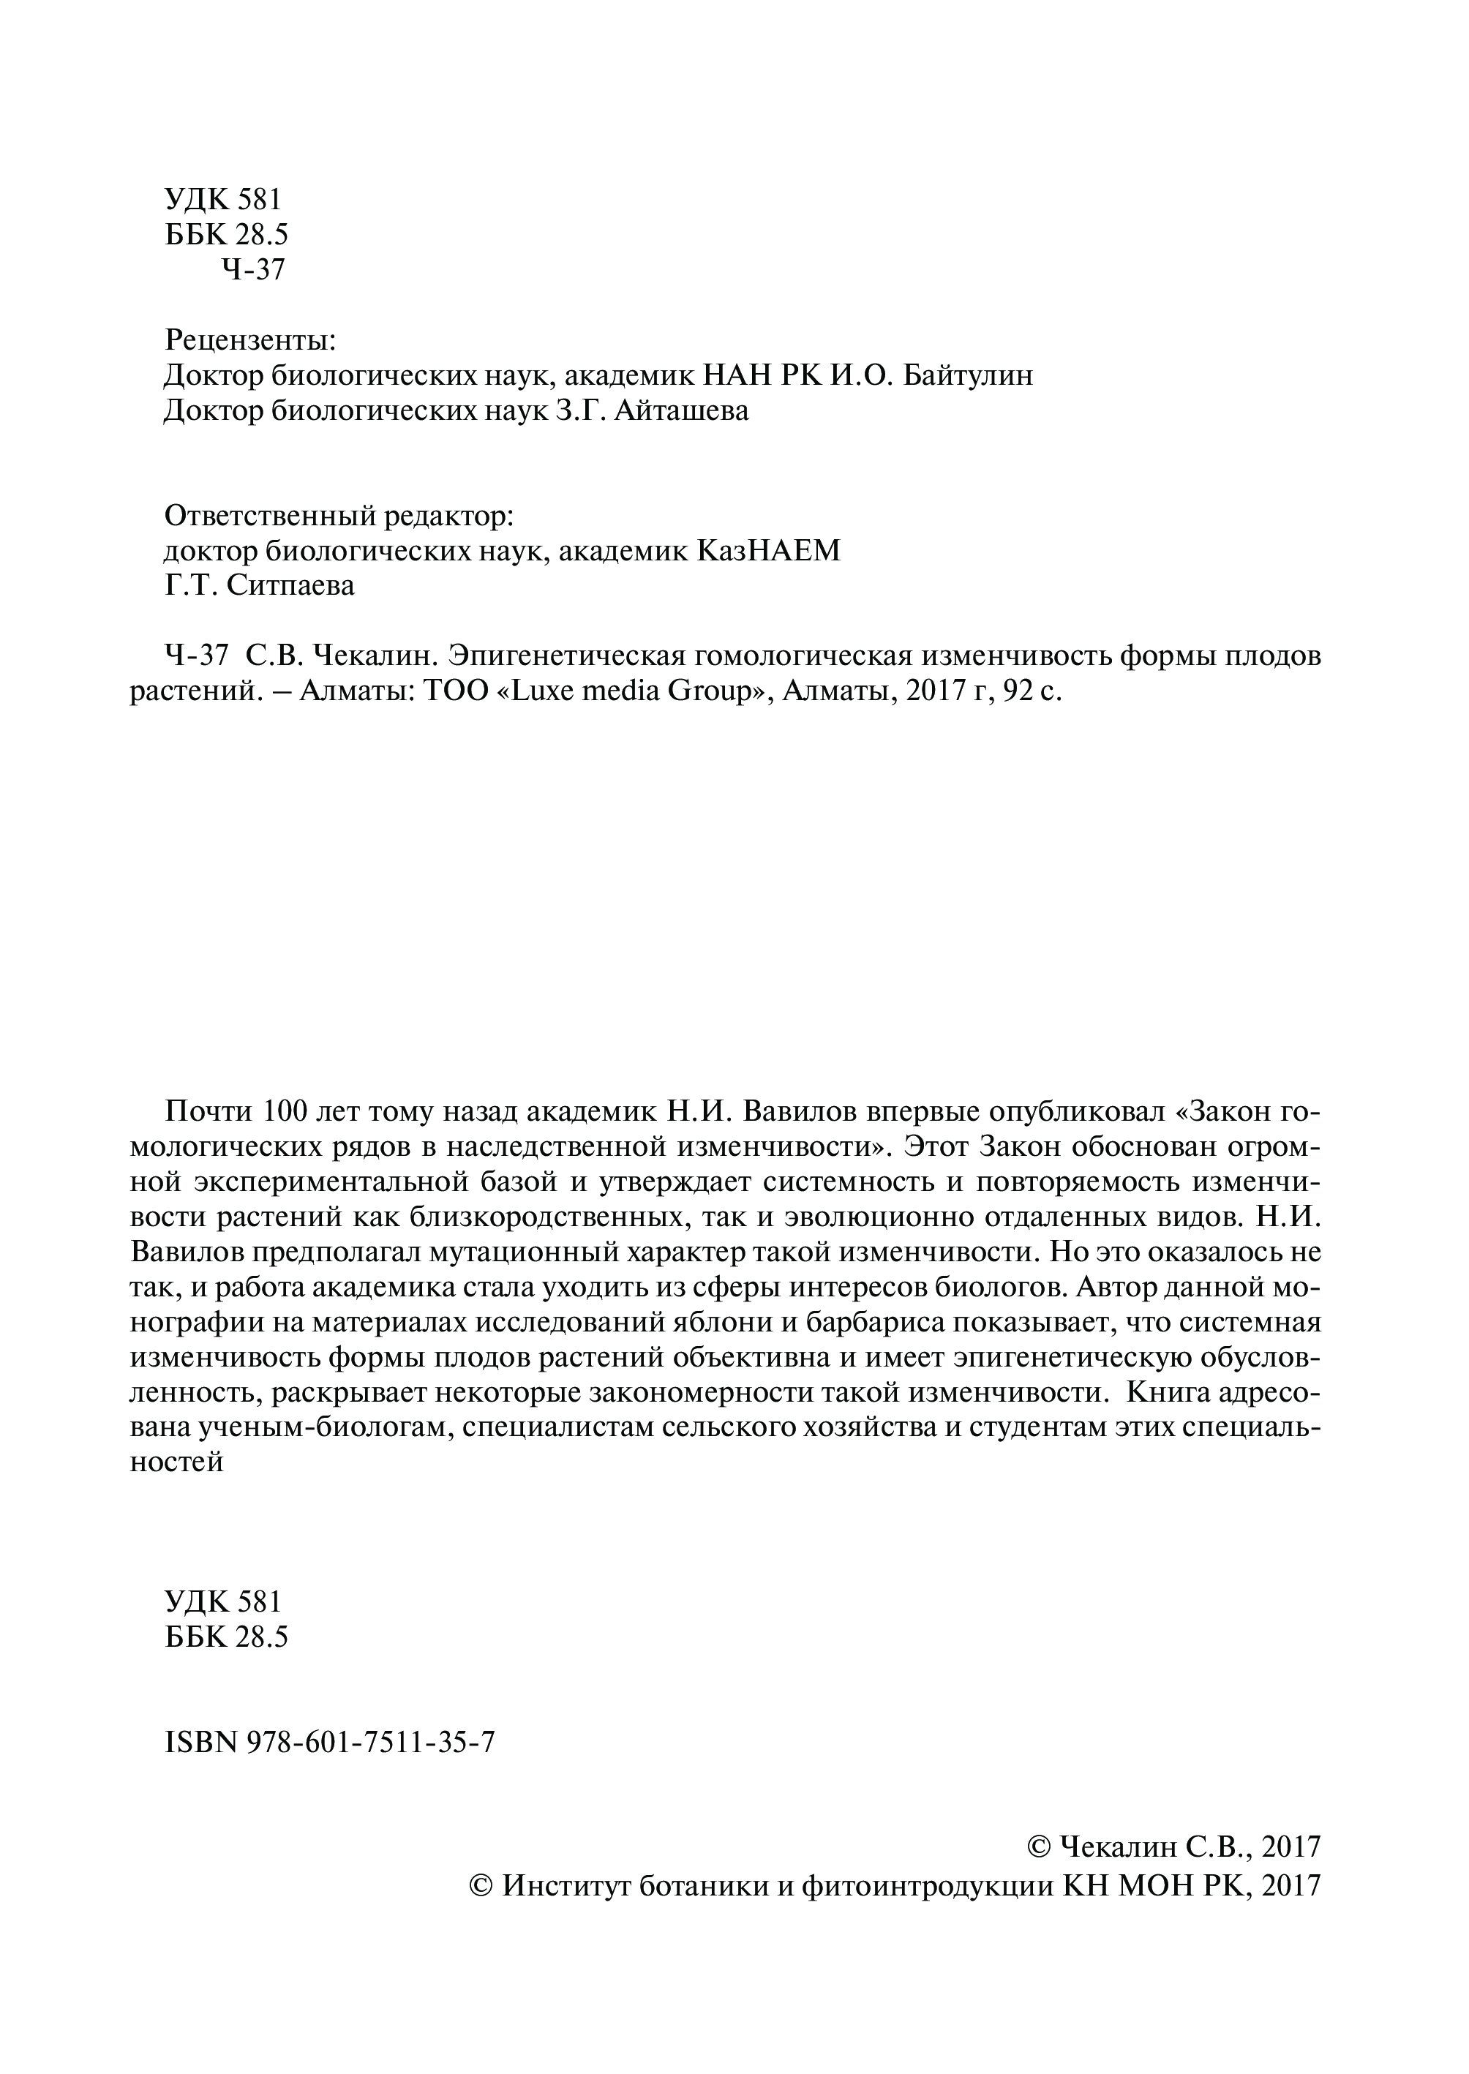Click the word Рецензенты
(250, 340)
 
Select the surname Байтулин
(968, 375)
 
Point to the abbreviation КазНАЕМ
(768, 551)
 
